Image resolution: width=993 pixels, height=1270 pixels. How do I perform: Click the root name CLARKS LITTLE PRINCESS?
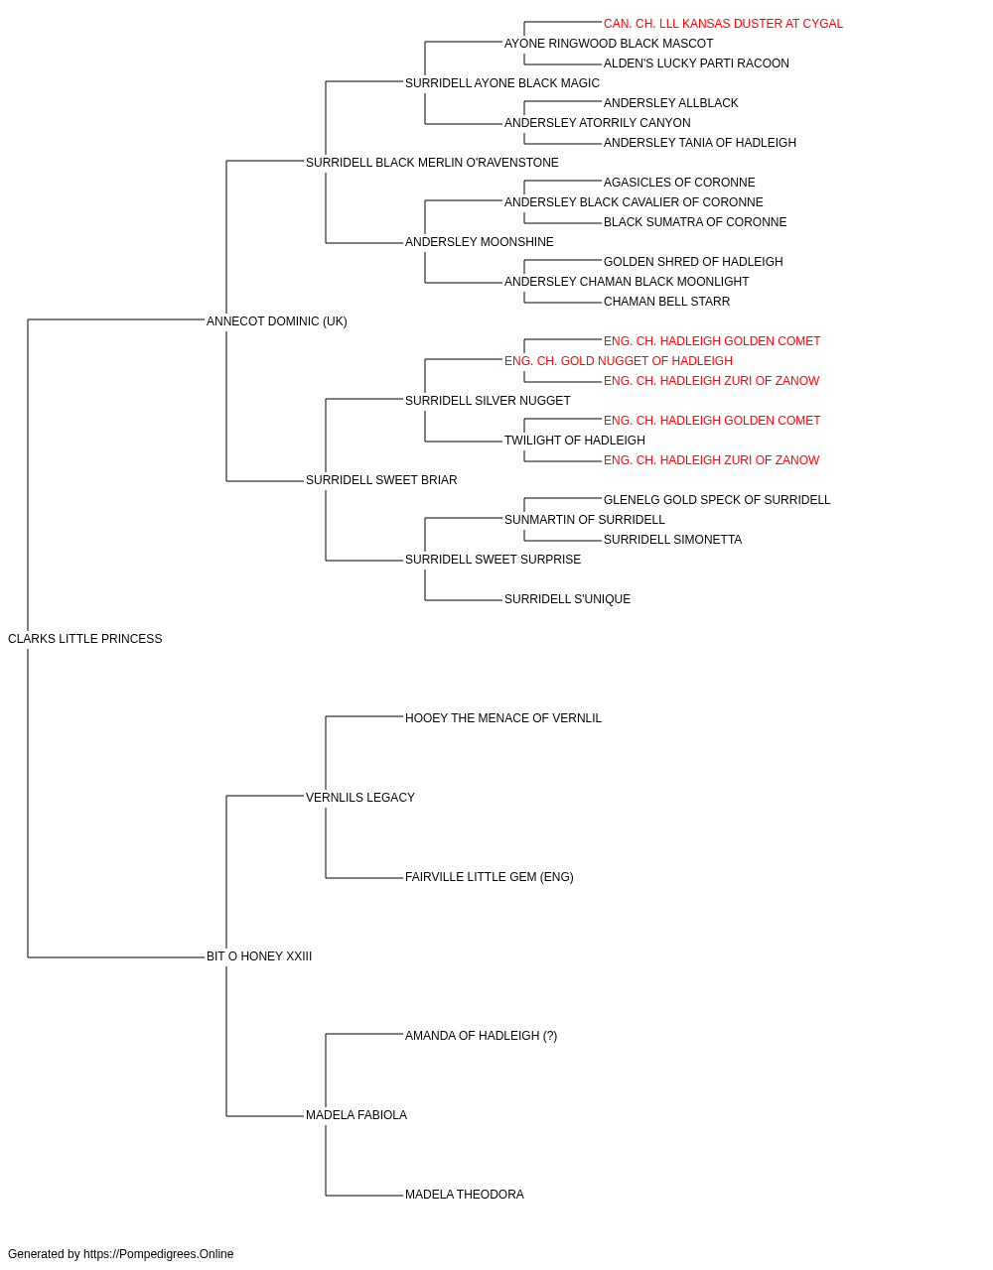coord(84,639)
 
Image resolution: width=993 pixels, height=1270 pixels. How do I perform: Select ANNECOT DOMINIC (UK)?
coord(277,321)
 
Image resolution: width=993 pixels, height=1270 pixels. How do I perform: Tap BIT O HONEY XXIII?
coord(259,956)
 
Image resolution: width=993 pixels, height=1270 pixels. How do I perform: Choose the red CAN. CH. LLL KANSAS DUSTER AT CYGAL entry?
coord(723,24)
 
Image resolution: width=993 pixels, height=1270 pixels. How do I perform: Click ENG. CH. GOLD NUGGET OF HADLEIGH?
coord(618,361)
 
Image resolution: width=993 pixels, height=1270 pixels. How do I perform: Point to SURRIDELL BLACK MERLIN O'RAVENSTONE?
coord(432,163)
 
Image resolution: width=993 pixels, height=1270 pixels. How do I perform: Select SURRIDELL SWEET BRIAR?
coord(381,480)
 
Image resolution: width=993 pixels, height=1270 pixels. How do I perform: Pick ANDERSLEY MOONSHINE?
coord(479,242)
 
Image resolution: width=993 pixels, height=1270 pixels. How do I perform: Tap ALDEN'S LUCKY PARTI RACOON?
coord(696,63)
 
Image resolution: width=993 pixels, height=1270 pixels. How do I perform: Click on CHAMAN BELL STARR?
coord(666,302)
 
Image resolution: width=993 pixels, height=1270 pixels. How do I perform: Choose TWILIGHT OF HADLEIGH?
coord(575,441)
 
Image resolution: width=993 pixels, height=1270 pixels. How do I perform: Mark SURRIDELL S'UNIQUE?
coord(567,599)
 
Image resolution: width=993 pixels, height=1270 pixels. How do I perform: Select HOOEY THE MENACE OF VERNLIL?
coord(502,718)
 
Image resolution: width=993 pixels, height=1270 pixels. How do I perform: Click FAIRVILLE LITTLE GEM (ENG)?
coord(489,877)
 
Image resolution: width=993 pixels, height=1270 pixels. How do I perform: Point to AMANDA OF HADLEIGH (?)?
coord(481,1036)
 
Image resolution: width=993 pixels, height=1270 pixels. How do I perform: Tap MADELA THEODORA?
coord(465,1195)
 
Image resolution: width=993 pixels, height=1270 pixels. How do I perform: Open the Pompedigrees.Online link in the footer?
coord(158,1254)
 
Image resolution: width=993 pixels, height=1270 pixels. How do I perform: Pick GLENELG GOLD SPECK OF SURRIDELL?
coord(716,500)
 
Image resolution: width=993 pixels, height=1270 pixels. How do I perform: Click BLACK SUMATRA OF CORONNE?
coord(695,222)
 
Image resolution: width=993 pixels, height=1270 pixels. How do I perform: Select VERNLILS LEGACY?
coord(360,798)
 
